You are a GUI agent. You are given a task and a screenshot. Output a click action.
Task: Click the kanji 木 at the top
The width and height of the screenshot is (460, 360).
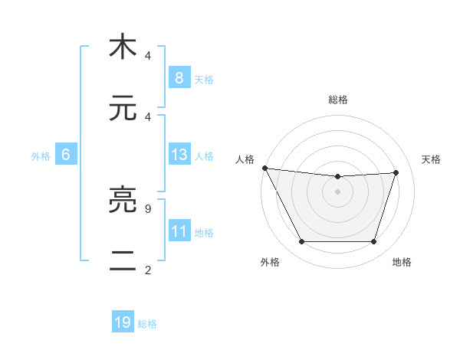pos(123,47)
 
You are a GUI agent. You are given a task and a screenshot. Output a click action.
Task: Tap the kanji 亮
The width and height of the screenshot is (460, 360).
pos(123,201)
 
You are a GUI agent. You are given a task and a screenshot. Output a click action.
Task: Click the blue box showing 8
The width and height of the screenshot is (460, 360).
pos(179,77)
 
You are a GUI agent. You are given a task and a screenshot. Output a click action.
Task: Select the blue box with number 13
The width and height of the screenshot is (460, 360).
pos(179,155)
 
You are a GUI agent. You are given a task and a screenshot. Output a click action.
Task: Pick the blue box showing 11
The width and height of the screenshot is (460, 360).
pos(179,231)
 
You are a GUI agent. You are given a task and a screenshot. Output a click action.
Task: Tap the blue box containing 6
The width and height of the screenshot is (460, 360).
pos(66,155)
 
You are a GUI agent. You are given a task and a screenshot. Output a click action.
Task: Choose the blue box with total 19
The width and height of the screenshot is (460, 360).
pos(123,322)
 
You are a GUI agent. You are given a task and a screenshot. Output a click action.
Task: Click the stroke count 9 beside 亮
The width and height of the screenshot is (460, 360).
pos(147,208)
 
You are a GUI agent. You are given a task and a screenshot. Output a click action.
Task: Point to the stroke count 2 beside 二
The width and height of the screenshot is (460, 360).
pos(147,270)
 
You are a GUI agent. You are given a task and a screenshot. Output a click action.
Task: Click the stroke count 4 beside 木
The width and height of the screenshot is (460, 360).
pos(147,56)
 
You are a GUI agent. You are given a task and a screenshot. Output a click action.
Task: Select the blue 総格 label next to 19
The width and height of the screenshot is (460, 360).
pos(147,324)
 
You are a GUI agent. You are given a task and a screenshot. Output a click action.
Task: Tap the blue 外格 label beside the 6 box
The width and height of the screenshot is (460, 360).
pos(41,156)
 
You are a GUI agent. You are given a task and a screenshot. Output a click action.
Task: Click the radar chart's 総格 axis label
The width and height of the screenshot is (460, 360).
pos(337,100)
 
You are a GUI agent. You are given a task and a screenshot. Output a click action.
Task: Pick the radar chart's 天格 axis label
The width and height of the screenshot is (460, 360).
pos(432,159)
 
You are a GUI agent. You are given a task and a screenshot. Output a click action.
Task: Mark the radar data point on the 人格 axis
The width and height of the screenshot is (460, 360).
pos(264,168)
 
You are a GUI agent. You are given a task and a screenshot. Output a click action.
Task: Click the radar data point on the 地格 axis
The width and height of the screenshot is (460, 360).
pos(374,242)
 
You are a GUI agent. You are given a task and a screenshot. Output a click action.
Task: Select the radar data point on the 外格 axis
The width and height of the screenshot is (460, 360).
pos(301,242)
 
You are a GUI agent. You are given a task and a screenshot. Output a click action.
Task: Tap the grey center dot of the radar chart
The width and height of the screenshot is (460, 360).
pos(337,191)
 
